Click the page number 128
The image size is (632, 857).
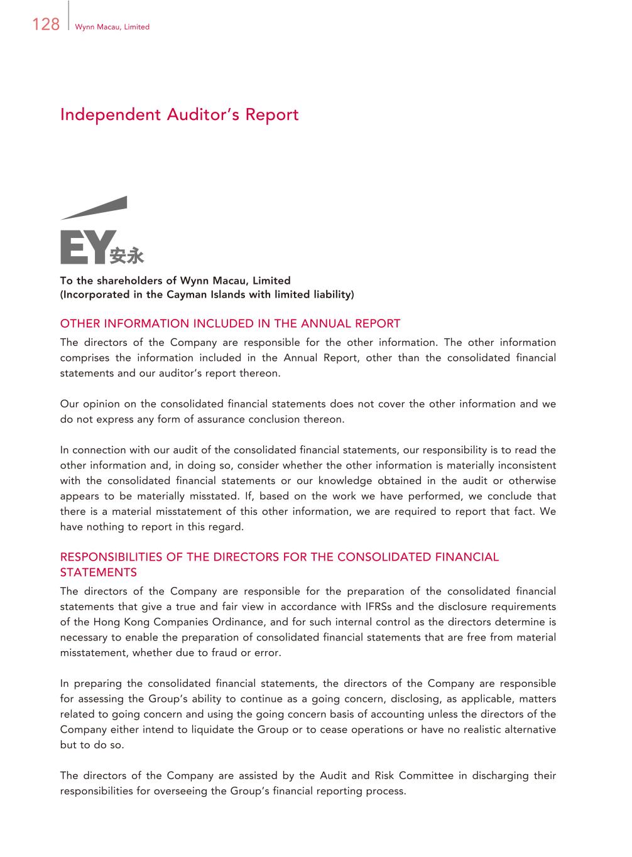(x=45, y=24)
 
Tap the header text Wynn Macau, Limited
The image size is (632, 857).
(x=112, y=27)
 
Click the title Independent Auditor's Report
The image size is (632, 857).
(x=179, y=115)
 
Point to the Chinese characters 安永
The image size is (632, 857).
(x=127, y=256)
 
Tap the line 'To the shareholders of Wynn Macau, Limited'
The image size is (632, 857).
(x=175, y=281)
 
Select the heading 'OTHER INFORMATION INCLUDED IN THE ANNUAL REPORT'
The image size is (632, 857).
(x=230, y=324)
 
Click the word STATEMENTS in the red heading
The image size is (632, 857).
(x=98, y=573)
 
